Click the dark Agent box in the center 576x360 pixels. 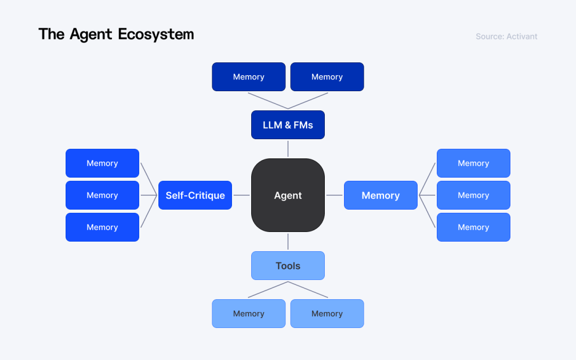[x=288, y=195]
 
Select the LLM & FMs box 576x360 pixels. [x=288, y=125]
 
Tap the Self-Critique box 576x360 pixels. [x=195, y=195]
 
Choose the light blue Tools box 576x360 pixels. [x=288, y=266]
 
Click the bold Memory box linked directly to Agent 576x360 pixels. [x=380, y=195]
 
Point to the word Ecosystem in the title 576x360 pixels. [x=156, y=35]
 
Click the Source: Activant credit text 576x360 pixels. [x=506, y=37]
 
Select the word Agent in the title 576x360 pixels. [x=91, y=35]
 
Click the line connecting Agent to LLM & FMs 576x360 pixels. [x=288, y=149]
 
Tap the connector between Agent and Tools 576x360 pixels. [x=288, y=242]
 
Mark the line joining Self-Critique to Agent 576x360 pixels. [x=242, y=195]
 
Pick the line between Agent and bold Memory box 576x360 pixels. [x=334, y=195]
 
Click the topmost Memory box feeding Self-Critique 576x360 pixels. [x=102, y=163]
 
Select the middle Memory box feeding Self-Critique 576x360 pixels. [x=102, y=195]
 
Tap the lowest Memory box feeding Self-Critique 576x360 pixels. [x=102, y=227]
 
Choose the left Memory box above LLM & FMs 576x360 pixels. [x=249, y=77]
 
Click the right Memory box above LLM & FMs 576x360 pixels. [x=327, y=77]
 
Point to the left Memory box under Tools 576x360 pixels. [x=249, y=314]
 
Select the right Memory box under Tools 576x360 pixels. [x=327, y=314]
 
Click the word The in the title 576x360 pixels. [x=51, y=35]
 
